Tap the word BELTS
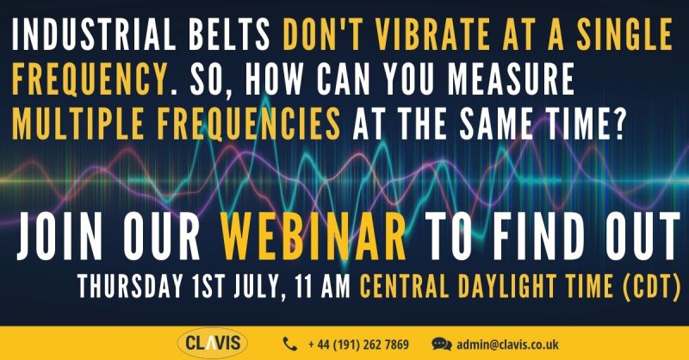coord(229,34)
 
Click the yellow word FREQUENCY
coord(90,79)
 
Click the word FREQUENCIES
coord(249,124)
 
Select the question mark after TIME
coord(618,124)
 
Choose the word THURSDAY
coord(131,286)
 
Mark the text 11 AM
coord(322,286)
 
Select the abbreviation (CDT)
coord(652,286)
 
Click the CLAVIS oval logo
coord(213,344)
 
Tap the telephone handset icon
coord(290,344)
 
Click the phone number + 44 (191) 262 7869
coord(358,344)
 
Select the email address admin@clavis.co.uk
coord(507,344)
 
